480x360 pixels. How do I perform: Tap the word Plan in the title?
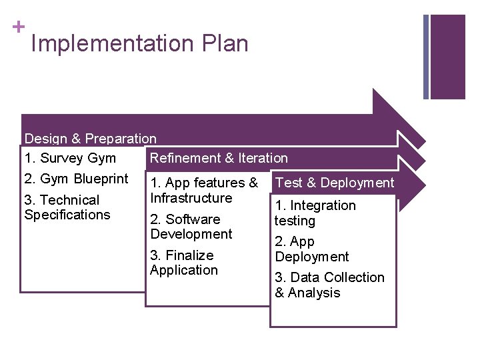point(223,44)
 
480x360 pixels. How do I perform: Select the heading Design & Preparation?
point(91,139)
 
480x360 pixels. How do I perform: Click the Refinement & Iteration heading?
point(219,159)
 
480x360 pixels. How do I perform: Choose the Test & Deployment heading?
point(335,183)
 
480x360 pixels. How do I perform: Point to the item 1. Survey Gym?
point(70,159)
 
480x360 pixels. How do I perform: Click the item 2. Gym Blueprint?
point(76,179)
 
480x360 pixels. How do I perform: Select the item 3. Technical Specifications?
point(67,207)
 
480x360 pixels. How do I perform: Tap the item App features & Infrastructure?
point(204,190)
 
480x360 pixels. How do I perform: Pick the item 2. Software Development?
point(191,227)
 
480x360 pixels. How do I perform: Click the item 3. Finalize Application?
point(184,263)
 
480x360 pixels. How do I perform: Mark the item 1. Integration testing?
point(315,213)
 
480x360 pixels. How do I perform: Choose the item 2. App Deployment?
point(311,249)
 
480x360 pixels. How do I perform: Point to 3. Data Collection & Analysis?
point(329,285)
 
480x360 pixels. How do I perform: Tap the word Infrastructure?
point(191,198)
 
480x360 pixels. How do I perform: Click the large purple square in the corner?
point(448,57)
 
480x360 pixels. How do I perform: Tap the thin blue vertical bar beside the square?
point(427,57)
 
